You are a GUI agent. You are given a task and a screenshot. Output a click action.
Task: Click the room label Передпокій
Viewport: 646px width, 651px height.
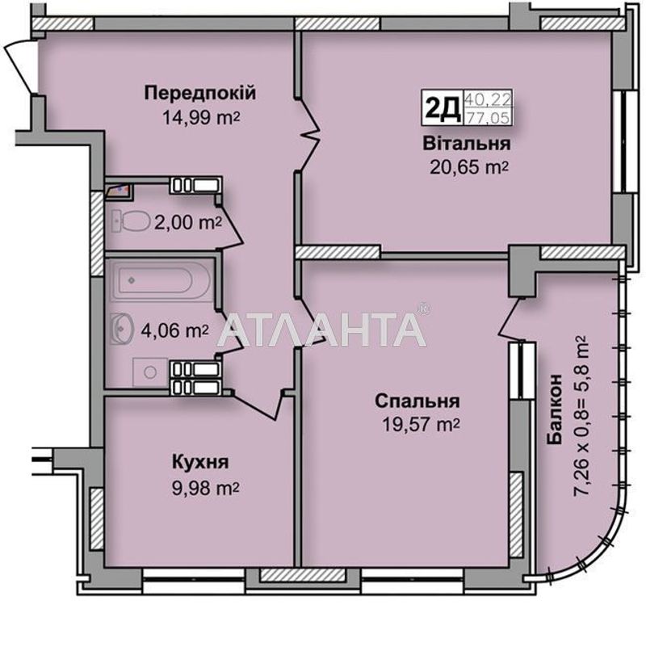(x=200, y=93)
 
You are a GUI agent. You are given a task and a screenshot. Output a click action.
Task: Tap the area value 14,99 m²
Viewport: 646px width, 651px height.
(x=201, y=117)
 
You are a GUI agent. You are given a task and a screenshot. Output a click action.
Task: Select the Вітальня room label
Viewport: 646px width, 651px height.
(x=465, y=145)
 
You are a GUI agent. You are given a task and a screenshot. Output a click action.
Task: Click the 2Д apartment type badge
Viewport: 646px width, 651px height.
(x=442, y=107)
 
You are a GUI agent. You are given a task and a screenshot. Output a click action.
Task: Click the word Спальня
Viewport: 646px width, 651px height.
(x=417, y=401)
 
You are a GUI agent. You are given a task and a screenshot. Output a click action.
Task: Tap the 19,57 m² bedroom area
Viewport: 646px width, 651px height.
(x=418, y=425)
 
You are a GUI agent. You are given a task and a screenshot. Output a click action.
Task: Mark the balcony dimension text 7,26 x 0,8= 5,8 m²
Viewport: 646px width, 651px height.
(x=583, y=417)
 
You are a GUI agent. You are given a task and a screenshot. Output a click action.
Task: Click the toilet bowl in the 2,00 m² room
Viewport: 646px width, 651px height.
(x=134, y=218)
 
